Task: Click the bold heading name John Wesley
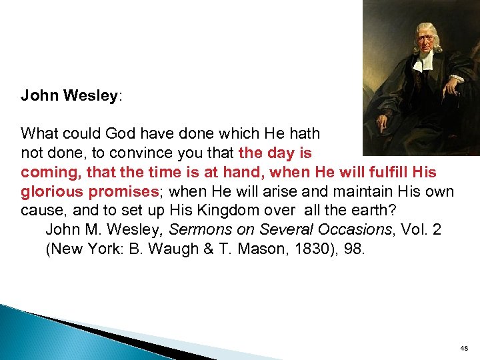tap(70, 95)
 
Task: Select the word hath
tap(304, 134)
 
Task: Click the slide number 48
tap(464, 348)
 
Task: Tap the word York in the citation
tap(97, 250)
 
